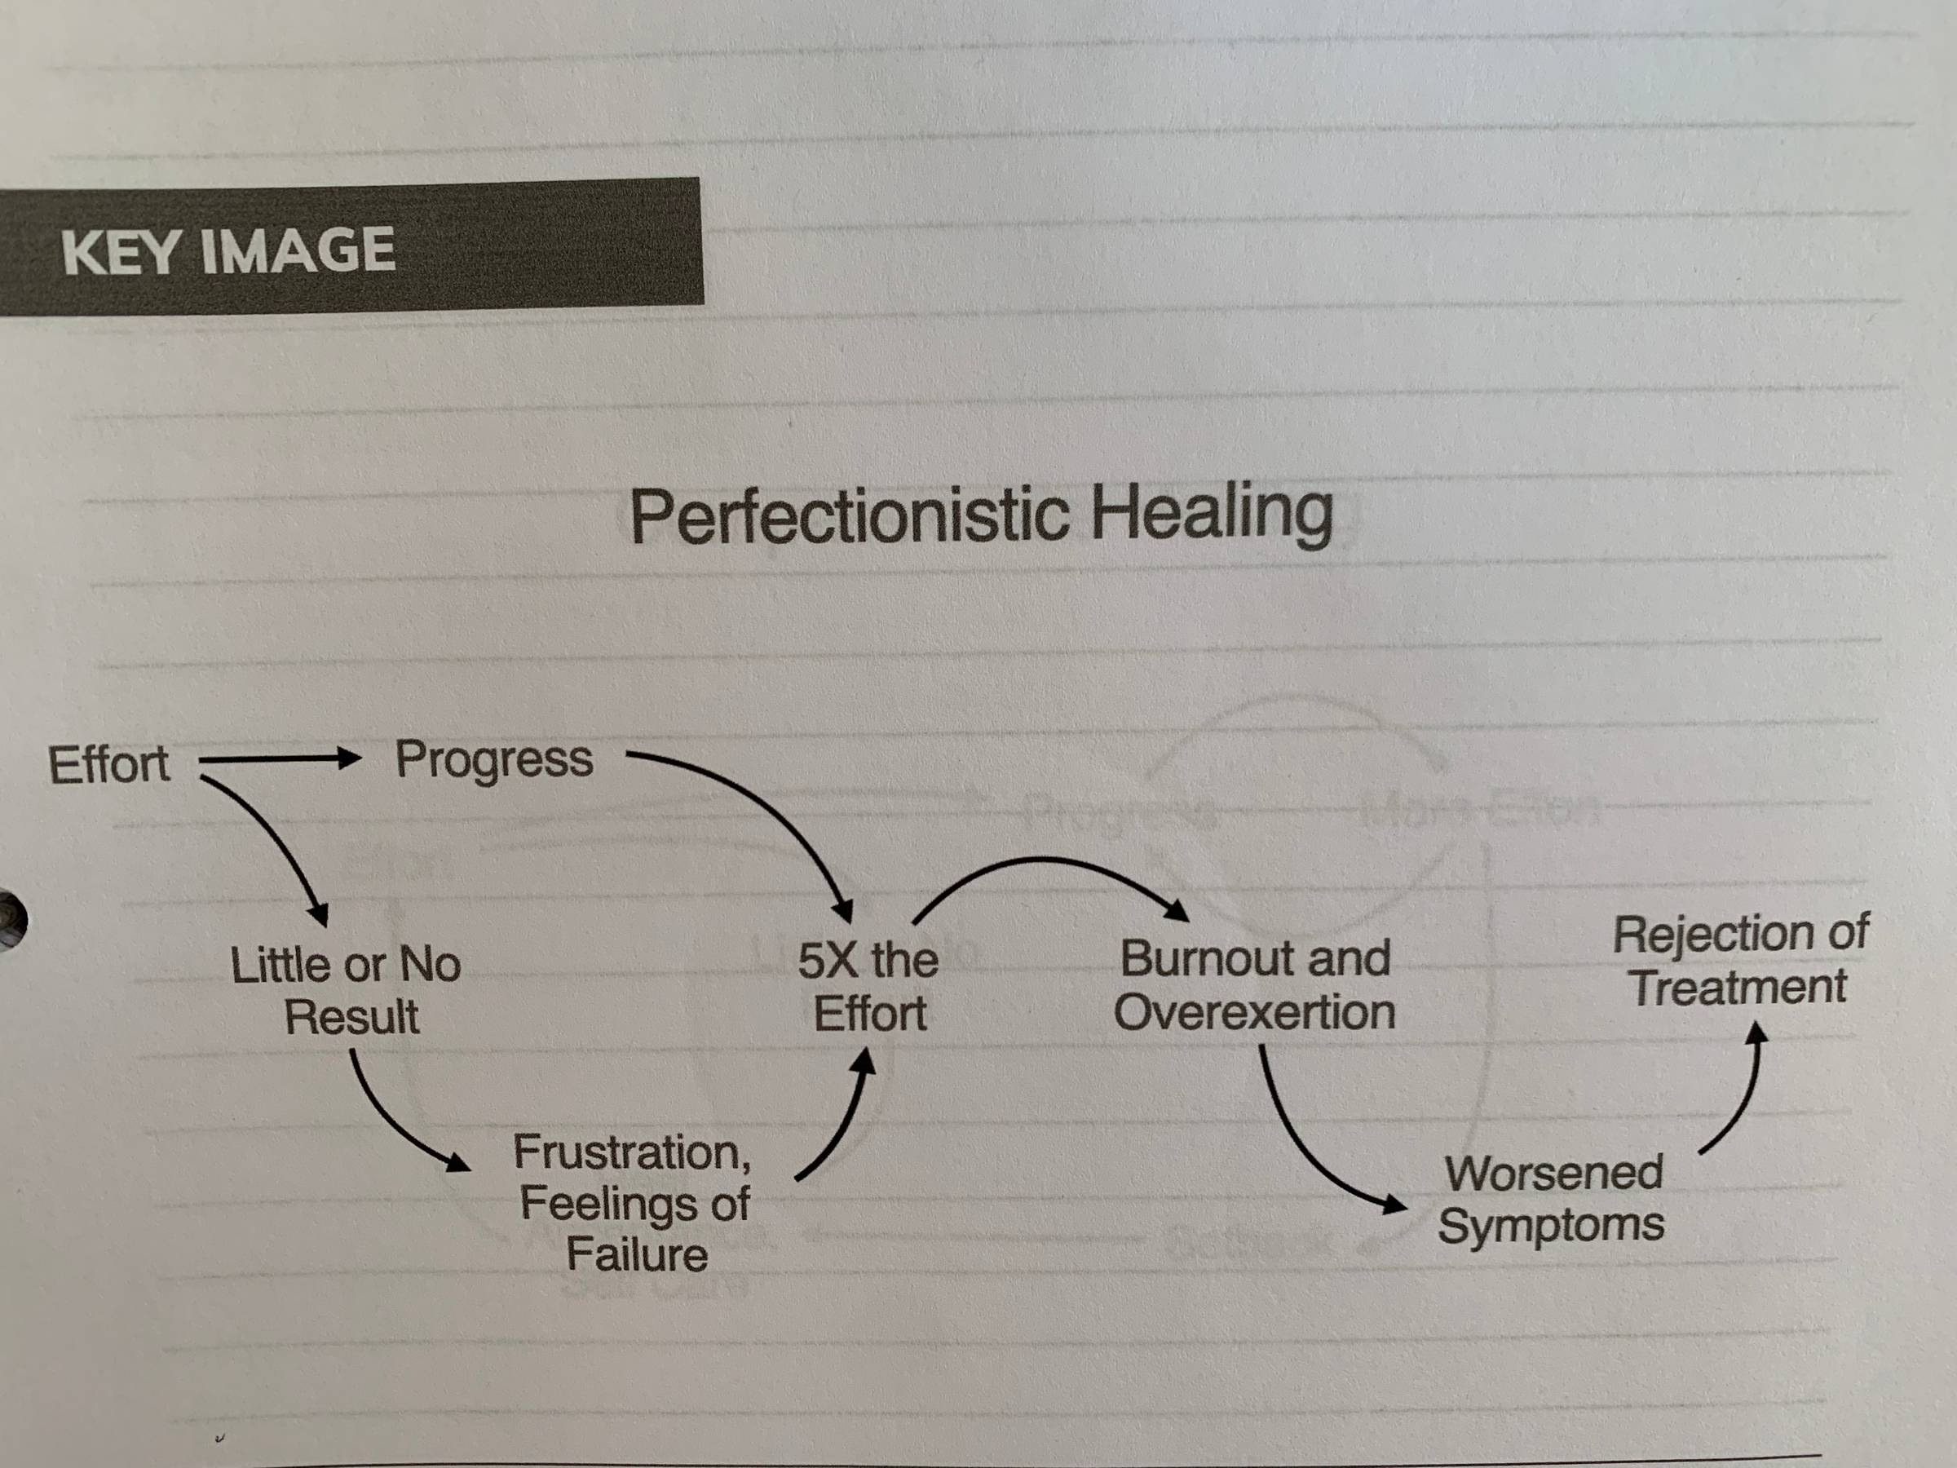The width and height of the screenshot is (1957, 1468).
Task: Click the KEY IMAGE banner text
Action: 228,250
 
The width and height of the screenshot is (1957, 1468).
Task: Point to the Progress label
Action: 493,760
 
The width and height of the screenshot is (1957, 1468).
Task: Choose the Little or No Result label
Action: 347,989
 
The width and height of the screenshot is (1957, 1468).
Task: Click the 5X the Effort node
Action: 868,986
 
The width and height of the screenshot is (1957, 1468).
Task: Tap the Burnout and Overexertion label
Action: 1255,985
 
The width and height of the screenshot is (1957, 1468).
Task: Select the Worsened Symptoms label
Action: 1552,1199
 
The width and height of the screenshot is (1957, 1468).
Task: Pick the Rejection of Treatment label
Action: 1739,960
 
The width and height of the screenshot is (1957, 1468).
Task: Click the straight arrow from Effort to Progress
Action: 279,759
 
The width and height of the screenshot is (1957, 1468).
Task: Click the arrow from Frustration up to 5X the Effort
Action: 841,1124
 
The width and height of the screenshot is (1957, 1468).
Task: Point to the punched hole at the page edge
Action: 11,921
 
